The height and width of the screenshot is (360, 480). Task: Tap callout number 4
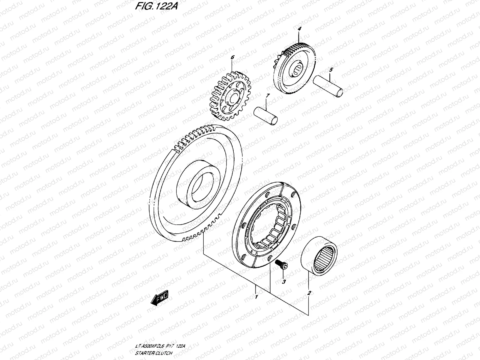click(299, 29)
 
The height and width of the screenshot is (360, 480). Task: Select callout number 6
click(232, 57)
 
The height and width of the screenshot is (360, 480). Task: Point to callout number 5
click(331, 70)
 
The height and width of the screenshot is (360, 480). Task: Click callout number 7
click(268, 95)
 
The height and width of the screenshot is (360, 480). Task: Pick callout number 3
click(283, 282)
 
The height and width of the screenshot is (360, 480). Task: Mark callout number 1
click(256, 297)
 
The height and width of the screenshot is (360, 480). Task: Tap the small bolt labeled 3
click(282, 265)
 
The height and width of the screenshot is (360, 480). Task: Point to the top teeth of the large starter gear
click(198, 132)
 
